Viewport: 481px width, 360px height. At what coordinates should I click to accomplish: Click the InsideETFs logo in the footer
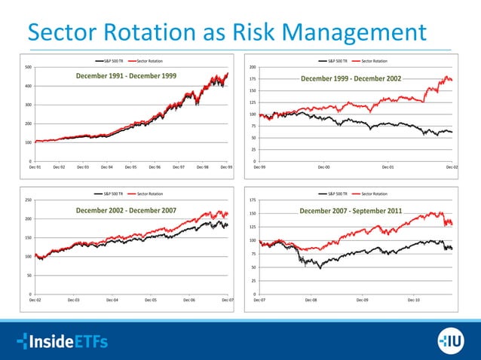tap(62, 341)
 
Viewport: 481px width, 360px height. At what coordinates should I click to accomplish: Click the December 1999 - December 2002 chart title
tap(351, 78)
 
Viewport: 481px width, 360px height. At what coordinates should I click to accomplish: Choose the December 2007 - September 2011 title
tap(351, 210)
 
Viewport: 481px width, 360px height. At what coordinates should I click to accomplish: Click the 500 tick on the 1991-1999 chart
tap(27, 67)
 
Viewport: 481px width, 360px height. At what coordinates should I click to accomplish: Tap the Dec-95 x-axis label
tap(130, 166)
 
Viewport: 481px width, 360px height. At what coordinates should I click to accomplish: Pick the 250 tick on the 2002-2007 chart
tap(27, 200)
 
